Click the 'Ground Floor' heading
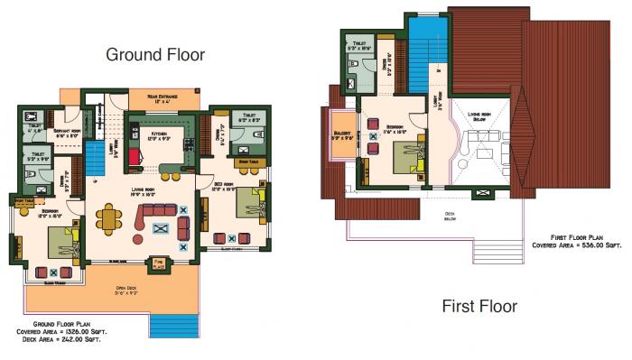coord(155,54)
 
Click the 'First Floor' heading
coord(479,307)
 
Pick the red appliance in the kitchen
coord(135,156)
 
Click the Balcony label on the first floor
coord(345,134)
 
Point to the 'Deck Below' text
coord(449,217)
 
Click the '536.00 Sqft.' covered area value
coord(586,244)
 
